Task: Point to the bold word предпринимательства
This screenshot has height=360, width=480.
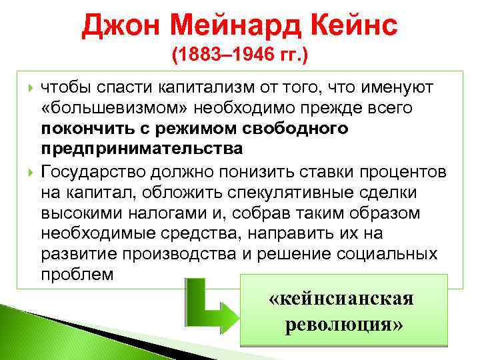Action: point(142,147)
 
